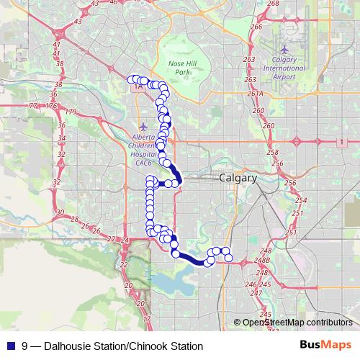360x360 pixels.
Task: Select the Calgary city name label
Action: pos(238,178)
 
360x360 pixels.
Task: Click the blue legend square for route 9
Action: pos(9,346)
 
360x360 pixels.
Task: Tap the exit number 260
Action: pos(269,126)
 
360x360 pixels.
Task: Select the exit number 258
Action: pos(272,153)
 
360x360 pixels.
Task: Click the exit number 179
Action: pos(70,112)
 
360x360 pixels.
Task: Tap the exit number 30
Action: pos(60,212)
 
